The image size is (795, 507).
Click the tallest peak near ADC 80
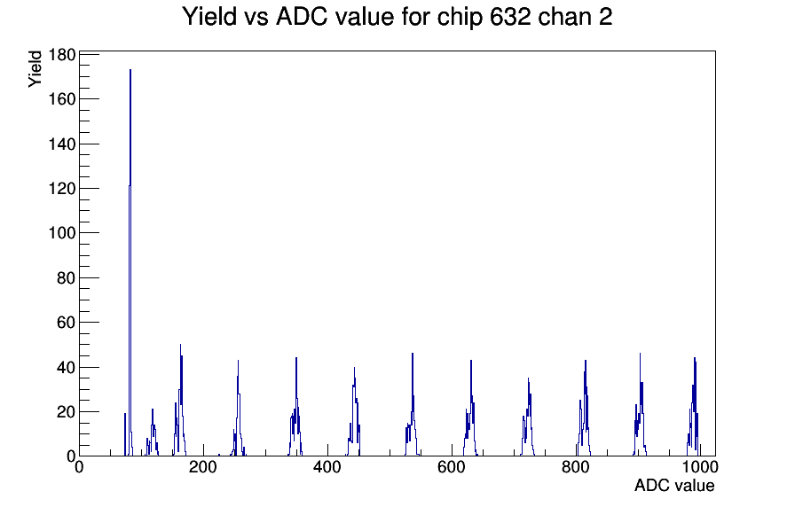tap(130, 70)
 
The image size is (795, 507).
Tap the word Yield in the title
tap(209, 17)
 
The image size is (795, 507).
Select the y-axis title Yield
tap(35, 69)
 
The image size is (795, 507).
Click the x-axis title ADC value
tap(674, 485)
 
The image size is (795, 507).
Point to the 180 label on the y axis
tap(62, 54)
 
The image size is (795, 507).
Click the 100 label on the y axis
tap(62, 233)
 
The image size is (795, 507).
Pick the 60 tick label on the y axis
tap(67, 322)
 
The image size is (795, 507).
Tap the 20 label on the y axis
tap(67, 412)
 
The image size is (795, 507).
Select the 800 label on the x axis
tap(576, 467)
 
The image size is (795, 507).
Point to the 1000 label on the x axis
tap(700, 467)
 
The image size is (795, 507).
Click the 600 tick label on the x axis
tap(452, 467)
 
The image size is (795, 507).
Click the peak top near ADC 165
tap(180, 345)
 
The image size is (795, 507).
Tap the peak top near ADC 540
tap(413, 354)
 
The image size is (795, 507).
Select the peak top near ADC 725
tap(528, 378)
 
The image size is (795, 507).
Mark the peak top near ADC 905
tap(640, 354)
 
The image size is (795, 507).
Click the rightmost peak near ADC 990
tap(695, 358)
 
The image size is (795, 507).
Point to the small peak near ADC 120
tap(152, 409)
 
